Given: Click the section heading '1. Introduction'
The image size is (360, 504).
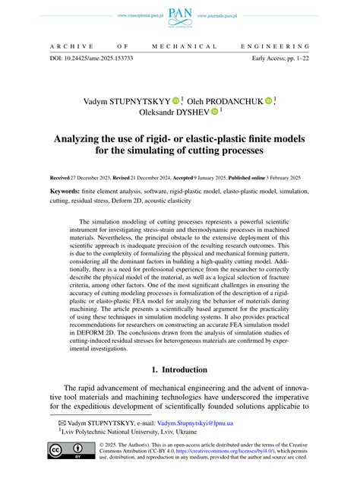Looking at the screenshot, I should [x=179, y=391].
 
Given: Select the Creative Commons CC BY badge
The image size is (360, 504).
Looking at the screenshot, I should [x=66, y=473].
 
